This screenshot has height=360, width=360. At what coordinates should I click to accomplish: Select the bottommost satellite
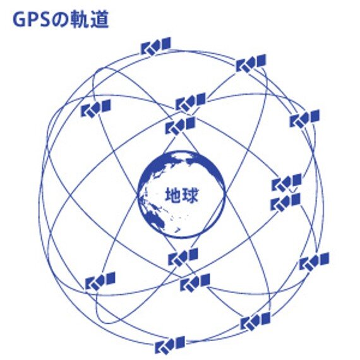[x=170, y=345]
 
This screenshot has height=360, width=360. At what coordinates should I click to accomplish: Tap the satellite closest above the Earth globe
[x=180, y=126]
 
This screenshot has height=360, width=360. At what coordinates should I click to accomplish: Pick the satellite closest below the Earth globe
[x=183, y=257]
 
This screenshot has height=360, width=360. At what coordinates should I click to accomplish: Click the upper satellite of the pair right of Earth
[x=287, y=183]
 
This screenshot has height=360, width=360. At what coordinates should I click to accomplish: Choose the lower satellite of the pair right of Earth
[x=285, y=202]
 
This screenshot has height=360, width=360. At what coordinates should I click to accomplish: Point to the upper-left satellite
[x=96, y=109]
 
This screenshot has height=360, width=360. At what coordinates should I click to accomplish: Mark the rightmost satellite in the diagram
[x=314, y=261]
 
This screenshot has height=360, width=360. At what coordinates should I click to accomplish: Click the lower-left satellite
[x=100, y=281]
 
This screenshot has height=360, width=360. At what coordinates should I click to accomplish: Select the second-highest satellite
[x=251, y=63]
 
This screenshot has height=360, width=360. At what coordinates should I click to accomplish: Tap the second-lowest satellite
[x=255, y=321]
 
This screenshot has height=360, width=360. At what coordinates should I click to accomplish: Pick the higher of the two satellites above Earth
[x=191, y=102]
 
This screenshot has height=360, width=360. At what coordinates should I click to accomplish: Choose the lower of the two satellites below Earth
[x=195, y=282]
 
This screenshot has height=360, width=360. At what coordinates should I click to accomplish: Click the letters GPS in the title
[x=32, y=20]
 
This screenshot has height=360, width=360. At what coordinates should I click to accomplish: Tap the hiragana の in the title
[x=60, y=20]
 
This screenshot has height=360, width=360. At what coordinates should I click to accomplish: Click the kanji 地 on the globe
[x=173, y=195]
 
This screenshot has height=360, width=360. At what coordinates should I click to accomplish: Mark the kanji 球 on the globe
[x=189, y=195]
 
